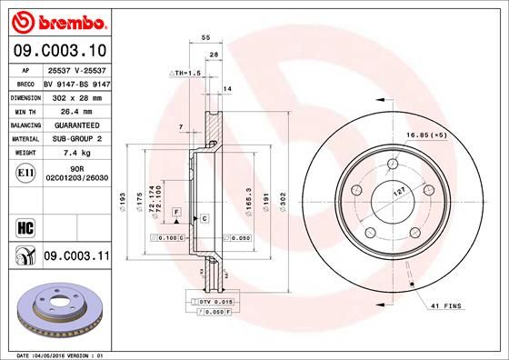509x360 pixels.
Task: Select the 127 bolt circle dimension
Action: tap(397, 193)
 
